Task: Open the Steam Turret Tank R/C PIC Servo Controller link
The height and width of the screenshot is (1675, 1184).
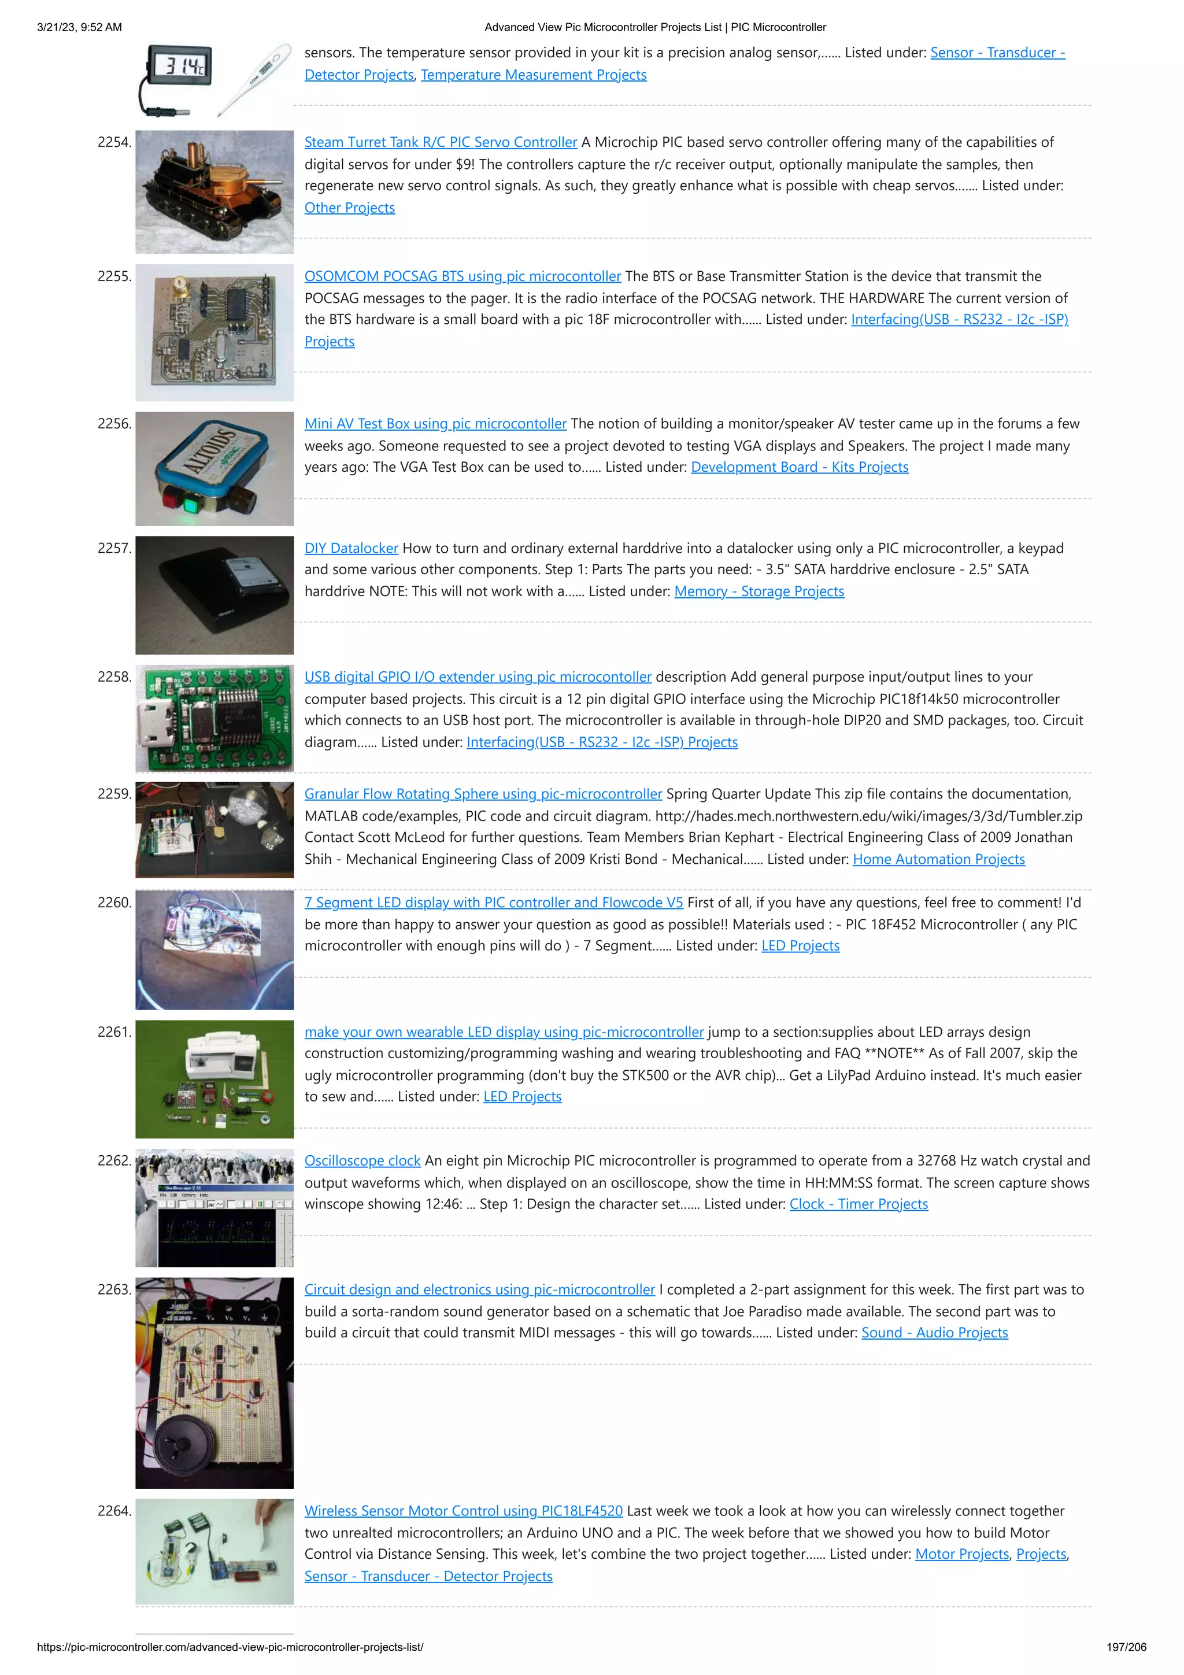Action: point(440,142)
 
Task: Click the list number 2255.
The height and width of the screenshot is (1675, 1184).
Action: point(114,276)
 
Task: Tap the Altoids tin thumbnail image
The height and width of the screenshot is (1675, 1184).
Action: point(214,468)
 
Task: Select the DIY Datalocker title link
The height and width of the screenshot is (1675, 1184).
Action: point(351,548)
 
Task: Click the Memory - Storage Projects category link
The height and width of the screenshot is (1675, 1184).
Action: point(758,591)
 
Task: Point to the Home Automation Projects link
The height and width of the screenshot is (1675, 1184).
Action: point(938,859)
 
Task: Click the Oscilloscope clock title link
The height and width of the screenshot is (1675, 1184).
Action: point(362,1160)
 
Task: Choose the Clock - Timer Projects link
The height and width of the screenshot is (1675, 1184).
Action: point(858,1204)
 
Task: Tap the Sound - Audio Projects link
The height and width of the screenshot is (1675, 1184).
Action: point(934,1333)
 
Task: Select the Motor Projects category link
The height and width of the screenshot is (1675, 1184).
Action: point(961,1555)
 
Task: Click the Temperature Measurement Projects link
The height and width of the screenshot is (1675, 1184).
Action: point(533,75)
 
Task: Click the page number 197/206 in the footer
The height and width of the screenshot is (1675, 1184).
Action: point(1126,1647)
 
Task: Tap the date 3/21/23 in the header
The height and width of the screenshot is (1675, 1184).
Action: point(57,28)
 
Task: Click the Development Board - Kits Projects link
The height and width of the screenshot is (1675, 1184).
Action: point(799,468)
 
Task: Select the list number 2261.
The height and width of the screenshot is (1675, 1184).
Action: point(114,1032)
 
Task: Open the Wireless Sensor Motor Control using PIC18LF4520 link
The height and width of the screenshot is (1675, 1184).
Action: point(463,1511)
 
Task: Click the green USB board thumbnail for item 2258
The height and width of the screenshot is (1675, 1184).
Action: point(214,718)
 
